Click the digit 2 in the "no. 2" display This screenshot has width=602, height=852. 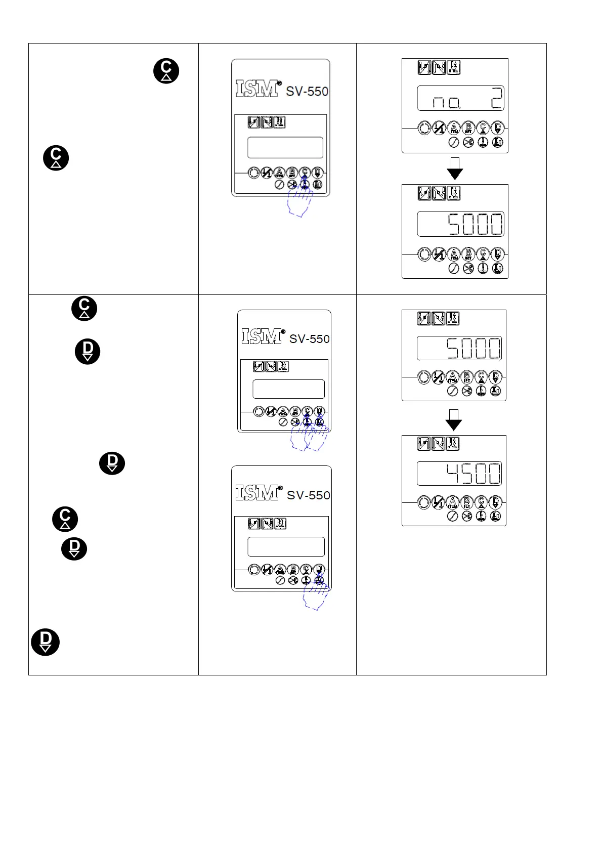496,99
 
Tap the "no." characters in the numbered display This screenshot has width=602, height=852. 447,103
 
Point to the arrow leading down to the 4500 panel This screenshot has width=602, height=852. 454,420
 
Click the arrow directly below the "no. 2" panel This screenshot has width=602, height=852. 455,168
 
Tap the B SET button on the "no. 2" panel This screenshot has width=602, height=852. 468,129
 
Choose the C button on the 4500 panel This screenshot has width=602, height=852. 481,502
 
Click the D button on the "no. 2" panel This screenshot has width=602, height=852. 498,129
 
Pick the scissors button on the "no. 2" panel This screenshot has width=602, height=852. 468,143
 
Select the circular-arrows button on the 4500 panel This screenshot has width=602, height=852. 424,502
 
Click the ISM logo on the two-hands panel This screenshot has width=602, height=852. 262,336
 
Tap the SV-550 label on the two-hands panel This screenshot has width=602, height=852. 309,339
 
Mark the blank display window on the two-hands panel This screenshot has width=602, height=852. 288,389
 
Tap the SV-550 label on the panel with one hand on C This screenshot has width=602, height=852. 307,92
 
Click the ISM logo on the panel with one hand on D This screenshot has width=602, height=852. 257,492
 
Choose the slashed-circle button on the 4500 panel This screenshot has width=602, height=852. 453,516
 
